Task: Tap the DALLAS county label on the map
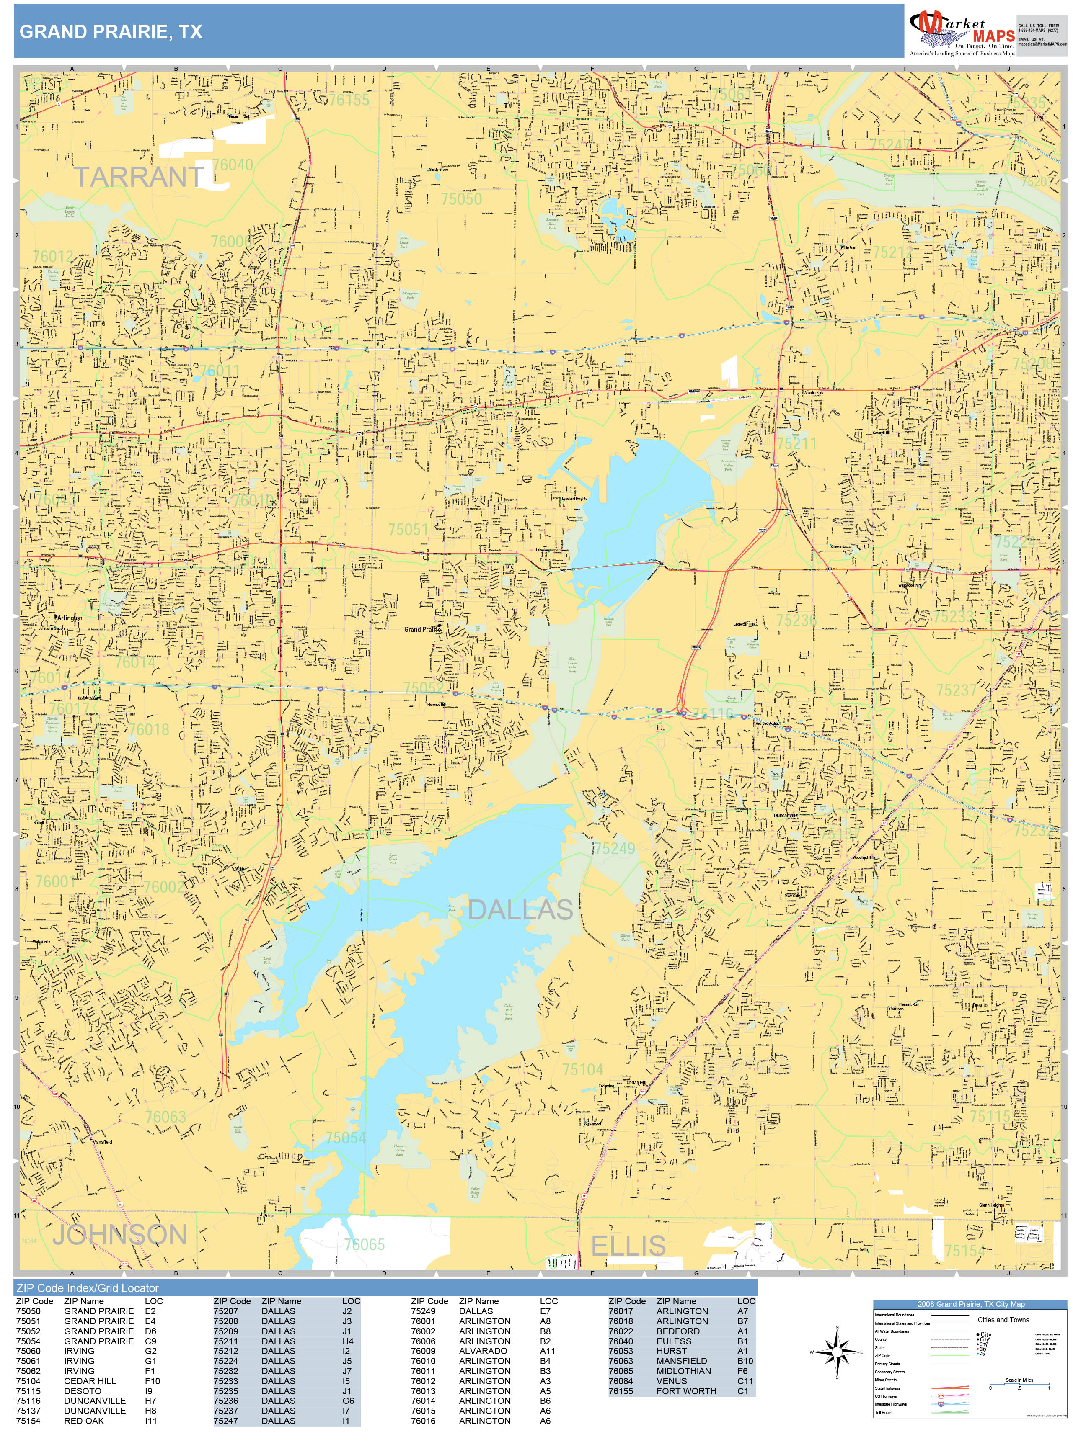point(520,910)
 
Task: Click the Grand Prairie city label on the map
point(421,629)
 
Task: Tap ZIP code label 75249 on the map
point(614,848)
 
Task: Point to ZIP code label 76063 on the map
point(165,1117)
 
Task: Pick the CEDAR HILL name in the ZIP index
point(90,1381)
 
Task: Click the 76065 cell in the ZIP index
point(621,1371)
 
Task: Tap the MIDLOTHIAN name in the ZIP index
point(683,1371)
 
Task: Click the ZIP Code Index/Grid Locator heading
point(87,1288)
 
